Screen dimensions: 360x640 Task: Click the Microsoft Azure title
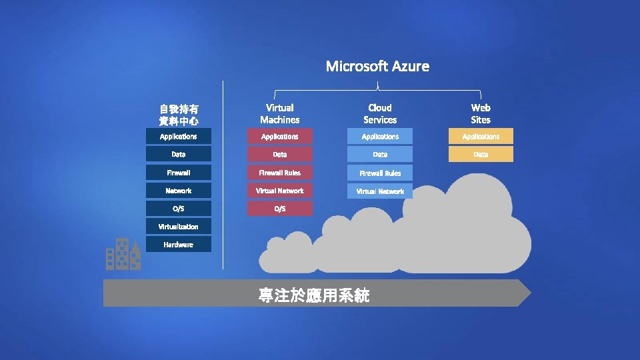coord(377,66)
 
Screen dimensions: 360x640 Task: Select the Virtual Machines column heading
coord(280,113)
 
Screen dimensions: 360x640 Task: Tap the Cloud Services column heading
coord(380,113)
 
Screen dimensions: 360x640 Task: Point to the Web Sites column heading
coord(481,113)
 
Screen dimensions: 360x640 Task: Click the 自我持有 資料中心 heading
coord(179,115)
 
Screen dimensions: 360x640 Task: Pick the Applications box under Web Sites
coord(481,137)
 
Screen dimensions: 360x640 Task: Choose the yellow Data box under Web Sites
coord(481,154)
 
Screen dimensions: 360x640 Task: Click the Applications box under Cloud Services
coord(380,137)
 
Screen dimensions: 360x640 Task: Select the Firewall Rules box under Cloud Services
coord(380,173)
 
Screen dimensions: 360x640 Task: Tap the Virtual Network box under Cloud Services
coord(380,191)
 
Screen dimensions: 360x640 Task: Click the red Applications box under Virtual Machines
coord(280,137)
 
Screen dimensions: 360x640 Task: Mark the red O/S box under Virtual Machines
coord(280,209)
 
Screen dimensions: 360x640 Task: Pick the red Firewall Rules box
coord(280,173)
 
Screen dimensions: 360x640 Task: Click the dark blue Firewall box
coord(179,173)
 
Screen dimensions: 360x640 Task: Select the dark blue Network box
coord(179,191)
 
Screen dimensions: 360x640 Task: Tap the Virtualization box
coord(179,227)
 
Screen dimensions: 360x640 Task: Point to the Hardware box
coord(179,245)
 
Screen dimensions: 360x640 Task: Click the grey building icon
coord(123,254)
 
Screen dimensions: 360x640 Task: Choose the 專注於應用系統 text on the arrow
coord(314,295)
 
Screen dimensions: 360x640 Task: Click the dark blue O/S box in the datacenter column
coord(179,209)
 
